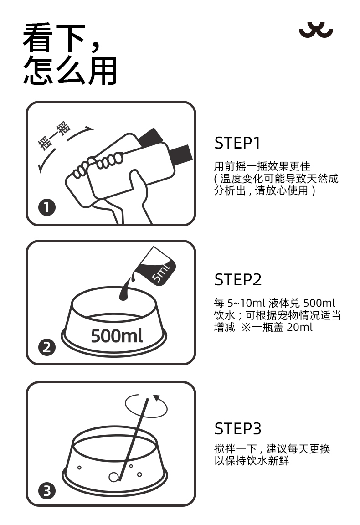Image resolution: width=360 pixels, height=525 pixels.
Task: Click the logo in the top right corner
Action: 316,30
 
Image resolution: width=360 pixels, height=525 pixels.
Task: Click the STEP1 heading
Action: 237,143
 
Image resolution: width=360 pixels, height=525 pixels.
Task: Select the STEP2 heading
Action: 238,279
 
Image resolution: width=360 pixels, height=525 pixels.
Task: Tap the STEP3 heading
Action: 238,428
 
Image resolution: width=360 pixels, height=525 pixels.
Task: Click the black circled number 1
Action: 47,207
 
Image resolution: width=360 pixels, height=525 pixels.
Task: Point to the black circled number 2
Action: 47,347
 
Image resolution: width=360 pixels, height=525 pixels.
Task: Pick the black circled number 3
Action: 47,491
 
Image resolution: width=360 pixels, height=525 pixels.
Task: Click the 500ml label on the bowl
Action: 117,335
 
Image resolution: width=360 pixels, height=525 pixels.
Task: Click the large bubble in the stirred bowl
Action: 113,477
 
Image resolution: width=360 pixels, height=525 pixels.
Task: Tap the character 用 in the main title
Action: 103,71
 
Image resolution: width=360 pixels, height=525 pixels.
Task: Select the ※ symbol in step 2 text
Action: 246,328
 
